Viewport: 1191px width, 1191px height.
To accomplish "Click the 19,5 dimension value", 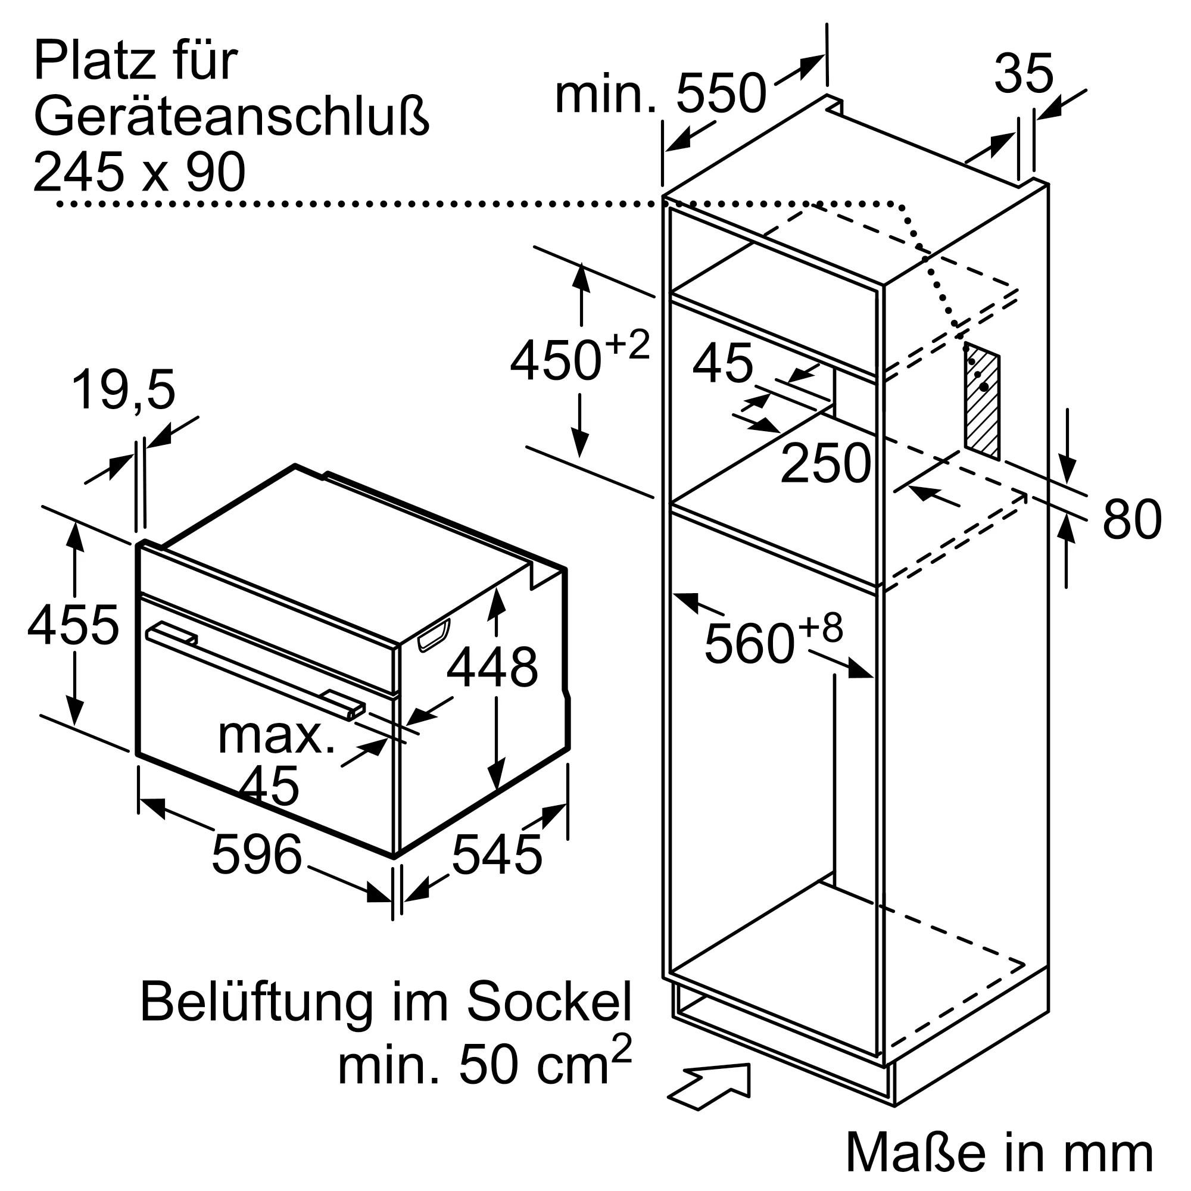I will [x=123, y=389].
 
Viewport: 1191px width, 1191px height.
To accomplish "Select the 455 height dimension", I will [x=73, y=625].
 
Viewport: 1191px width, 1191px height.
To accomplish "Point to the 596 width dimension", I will [x=257, y=855].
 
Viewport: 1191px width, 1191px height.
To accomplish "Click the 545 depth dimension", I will [x=497, y=855].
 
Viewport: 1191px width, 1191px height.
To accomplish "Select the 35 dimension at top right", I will [x=1023, y=74].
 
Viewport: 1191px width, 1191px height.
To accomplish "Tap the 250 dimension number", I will [x=825, y=463].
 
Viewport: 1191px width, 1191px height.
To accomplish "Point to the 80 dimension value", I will [x=1132, y=519].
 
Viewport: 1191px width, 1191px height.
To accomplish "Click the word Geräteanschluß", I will [x=231, y=117].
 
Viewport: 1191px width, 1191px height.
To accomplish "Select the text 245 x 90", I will [x=139, y=173].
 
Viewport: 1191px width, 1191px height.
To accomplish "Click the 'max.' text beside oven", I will [x=276, y=736].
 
